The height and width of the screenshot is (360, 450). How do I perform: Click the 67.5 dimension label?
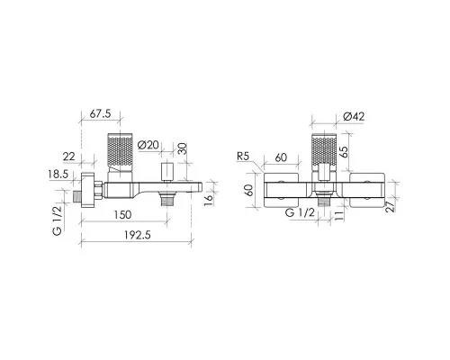point(101,113)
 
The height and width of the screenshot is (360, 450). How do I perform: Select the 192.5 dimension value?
point(138,235)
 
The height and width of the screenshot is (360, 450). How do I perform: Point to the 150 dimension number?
point(122,215)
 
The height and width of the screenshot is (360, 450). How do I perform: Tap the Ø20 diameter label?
point(148,145)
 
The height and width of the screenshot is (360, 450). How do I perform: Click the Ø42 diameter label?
point(354,116)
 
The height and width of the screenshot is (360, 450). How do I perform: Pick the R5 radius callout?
point(243,157)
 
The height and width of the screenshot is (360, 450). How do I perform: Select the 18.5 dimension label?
point(58,174)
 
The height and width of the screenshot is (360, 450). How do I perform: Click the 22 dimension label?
point(69,157)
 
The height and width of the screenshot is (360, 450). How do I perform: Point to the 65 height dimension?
point(345,151)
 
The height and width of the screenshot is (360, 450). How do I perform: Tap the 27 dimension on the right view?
point(391,207)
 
